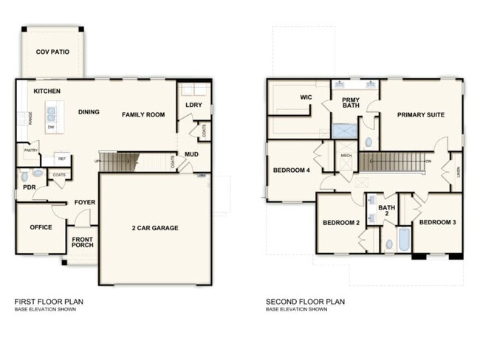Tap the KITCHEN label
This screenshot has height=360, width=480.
[x=47, y=91]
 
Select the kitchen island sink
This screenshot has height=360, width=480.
[x=51, y=114]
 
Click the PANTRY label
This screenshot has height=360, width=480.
[x=30, y=150]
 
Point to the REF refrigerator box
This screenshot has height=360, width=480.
[x=62, y=159]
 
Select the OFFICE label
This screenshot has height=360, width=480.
[x=41, y=227]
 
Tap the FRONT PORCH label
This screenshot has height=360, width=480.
[x=83, y=243]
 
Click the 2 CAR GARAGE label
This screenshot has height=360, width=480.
[x=154, y=228]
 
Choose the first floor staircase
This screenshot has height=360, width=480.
[x=119, y=161]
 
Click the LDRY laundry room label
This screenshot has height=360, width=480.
[x=193, y=105]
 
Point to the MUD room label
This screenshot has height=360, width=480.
[x=191, y=154]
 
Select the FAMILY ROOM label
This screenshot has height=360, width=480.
[x=143, y=114]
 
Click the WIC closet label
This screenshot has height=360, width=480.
[x=306, y=97]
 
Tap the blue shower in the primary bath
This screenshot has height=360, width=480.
[x=343, y=131]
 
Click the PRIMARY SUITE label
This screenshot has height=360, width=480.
[x=420, y=114]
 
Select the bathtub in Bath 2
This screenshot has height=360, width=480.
[x=403, y=240]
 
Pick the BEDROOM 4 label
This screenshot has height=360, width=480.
[x=292, y=170]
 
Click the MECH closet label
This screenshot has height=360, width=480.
[x=346, y=156]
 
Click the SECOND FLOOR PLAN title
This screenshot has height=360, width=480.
[x=305, y=301]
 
